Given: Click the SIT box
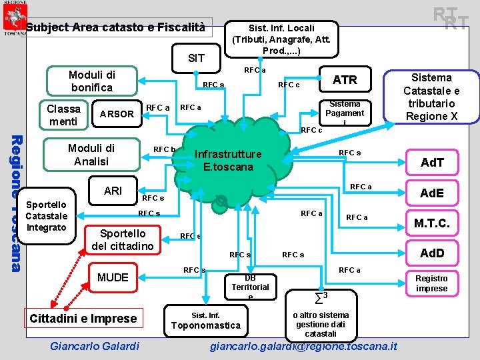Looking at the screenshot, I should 197,58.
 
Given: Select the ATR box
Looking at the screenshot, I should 345,79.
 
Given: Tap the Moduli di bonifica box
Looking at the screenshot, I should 92,80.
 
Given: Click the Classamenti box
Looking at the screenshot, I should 63,115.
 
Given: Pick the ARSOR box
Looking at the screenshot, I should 117,115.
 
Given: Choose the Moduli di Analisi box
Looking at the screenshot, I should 92,155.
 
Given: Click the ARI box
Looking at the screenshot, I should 113,191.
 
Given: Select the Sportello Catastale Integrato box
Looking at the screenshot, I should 47,216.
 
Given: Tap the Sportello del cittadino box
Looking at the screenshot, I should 123,240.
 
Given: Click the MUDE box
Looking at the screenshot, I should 113,277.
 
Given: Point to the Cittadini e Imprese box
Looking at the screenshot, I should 83,318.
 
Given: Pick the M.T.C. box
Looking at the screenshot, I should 431,223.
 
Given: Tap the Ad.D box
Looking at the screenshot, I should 431,253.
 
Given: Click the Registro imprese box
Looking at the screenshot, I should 431,283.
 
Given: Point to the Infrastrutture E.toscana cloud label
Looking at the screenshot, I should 227,161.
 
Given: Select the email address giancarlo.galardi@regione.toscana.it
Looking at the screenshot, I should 303,346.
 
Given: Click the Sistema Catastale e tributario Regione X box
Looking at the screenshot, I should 431,97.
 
